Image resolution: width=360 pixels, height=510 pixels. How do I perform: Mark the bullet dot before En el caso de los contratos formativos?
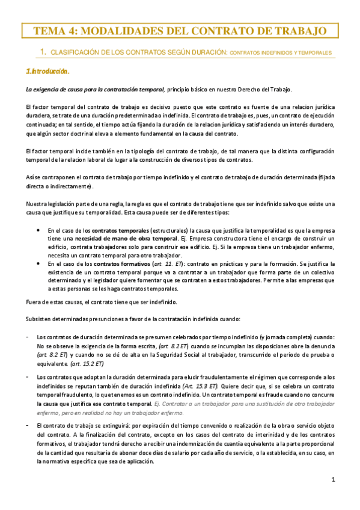click(38, 263)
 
